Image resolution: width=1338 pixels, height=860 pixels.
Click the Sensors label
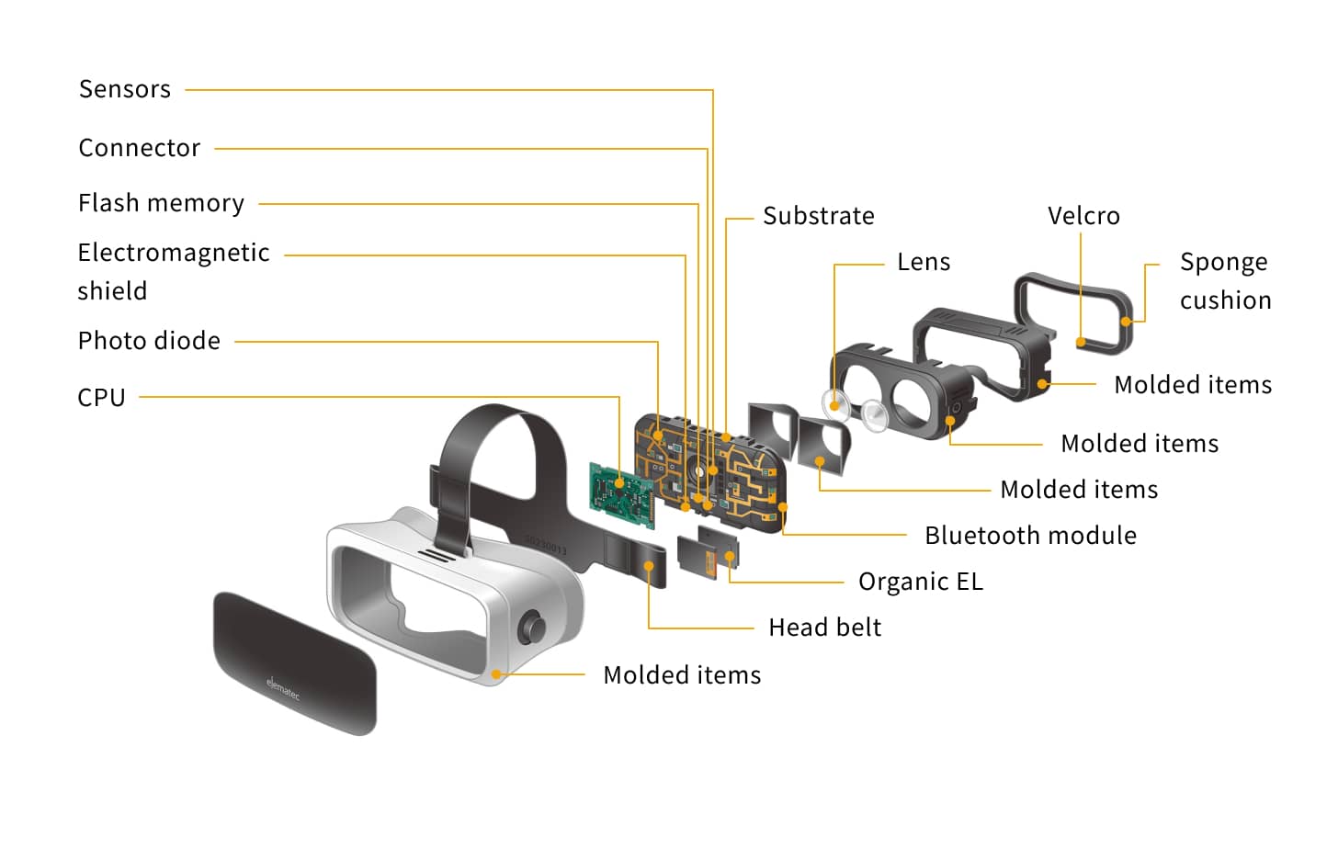[x=125, y=89]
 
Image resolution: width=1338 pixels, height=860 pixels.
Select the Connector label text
[x=139, y=148]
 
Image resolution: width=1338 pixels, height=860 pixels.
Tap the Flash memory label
[x=161, y=203]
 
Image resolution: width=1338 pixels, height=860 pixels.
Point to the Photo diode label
[x=149, y=341]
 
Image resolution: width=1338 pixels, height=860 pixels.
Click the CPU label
[x=101, y=398]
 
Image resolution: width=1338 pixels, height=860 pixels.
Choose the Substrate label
[x=818, y=216]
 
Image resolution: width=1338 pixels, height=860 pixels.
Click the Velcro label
[x=1083, y=216]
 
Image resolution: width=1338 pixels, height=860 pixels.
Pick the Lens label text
[x=923, y=262]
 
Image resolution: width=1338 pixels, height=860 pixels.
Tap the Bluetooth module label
[x=1030, y=536]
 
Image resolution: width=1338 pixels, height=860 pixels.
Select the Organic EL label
[x=920, y=582]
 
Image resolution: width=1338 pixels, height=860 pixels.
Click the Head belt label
[x=824, y=628]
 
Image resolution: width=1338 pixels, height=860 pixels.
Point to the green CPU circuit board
[x=622, y=496]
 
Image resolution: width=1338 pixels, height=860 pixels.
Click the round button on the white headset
[x=532, y=629]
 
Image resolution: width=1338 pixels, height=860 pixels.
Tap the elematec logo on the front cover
[x=283, y=688]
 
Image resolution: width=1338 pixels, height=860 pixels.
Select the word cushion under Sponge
[x=1225, y=300]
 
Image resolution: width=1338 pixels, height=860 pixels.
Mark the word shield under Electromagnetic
[x=112, y=291]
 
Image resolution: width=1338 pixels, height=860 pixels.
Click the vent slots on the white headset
[x=437, y=555]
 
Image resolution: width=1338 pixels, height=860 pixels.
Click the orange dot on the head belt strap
[x=649, y=566]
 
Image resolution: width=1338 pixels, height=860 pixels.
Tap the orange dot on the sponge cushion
[x=1127, y=322]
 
